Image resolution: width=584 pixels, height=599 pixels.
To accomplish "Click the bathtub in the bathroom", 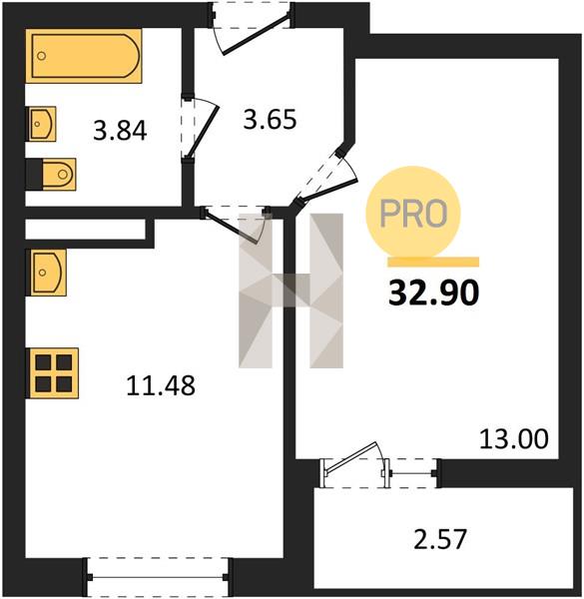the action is coord(84,56).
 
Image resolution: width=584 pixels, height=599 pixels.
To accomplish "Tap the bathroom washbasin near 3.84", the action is coord(41,124).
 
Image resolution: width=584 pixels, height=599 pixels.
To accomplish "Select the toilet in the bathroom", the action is coord(51,174).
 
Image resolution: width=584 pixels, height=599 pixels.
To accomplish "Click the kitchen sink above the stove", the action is coord(46,273).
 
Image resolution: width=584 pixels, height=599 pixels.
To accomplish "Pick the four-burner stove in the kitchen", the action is coord(52,373).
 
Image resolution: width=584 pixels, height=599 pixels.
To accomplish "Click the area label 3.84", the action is coord(120,131).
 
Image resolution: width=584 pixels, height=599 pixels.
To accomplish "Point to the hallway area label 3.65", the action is coord(270,119).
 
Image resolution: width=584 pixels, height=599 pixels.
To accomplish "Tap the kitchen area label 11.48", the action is coord(161,385).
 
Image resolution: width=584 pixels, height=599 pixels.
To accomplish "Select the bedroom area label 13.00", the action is coord(514,439).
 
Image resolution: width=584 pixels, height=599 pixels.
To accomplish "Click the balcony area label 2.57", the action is coord(440,539).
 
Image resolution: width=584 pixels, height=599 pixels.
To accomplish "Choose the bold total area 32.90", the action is coord(433,293).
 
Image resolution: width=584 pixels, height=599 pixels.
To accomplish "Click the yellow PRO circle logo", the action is coord(413,214).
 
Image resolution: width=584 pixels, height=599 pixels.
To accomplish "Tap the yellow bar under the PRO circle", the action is coord(433,262).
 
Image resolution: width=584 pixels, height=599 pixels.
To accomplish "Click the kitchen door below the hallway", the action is coord(230,227).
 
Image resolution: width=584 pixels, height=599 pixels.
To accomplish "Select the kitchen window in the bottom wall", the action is coord(158,577).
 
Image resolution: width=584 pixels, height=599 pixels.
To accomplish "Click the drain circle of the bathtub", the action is coord(42,56).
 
